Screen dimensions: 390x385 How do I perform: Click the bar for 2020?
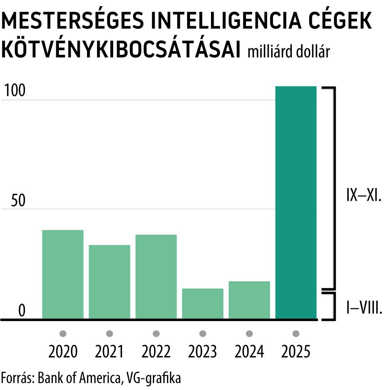point(63,274)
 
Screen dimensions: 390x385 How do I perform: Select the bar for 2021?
point(109,282)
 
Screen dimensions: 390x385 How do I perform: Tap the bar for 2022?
point(156,277)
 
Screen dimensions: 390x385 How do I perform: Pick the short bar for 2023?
point(203,304)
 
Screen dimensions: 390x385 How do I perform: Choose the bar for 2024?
point(249,300)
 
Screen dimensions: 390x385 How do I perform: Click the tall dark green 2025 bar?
point(296,203)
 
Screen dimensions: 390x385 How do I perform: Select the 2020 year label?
point(63,351)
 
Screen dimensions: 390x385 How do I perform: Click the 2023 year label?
point(203,351)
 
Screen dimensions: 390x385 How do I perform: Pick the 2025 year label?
point(296,351)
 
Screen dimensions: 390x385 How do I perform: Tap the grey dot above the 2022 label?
point(156,333)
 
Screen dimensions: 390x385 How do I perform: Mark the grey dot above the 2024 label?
point(249,333)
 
